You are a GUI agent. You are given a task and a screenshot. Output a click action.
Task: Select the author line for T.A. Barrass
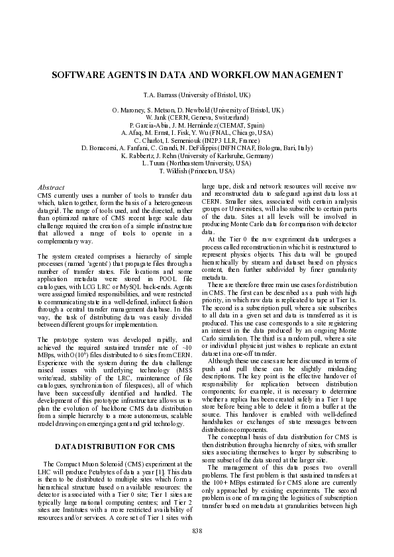click(x=197, y=95)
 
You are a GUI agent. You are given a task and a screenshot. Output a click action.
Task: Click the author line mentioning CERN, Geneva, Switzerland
click(x=197, y=117)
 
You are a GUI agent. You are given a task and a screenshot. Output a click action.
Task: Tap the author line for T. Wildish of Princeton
click(x=197, y=170)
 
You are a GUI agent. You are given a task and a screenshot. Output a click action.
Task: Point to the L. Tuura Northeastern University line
click(x=197, y=163)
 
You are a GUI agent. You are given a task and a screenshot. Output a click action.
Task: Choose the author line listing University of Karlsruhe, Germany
click(x=197, y=155)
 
